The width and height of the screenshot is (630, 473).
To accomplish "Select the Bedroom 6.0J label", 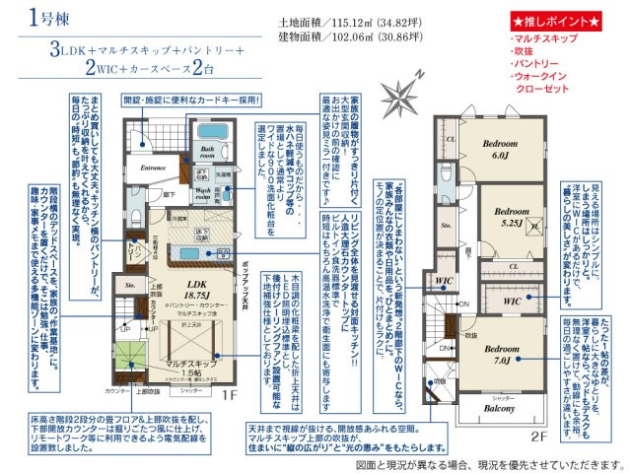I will tap(500, 150).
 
